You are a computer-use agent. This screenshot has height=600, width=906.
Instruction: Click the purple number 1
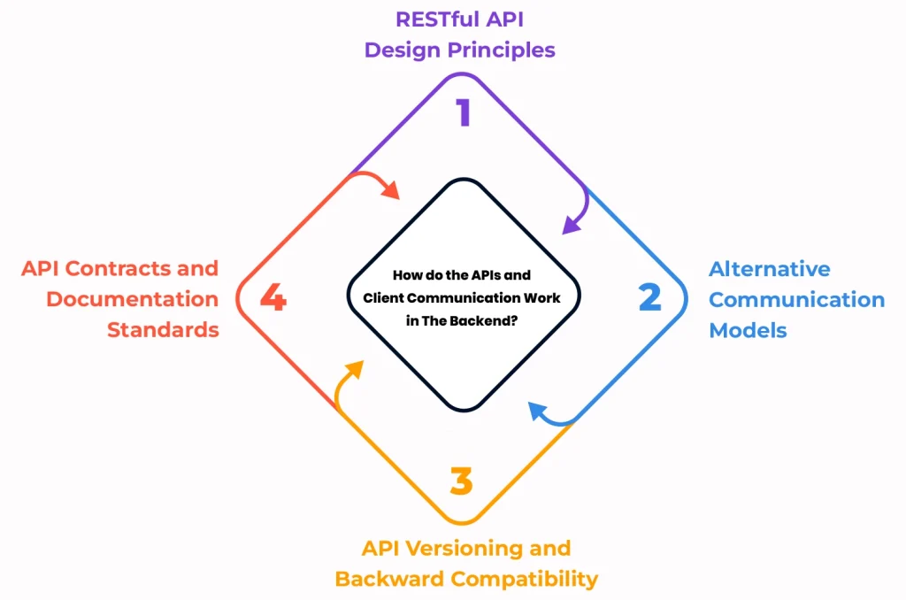click(464, 113)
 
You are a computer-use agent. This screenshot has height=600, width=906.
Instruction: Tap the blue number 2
click(650, 298)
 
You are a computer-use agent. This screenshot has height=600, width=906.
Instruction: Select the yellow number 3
click(461, 482)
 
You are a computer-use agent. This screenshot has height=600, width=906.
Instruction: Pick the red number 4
click(273, 299)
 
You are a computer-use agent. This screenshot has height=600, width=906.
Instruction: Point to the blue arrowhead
click(534, 409)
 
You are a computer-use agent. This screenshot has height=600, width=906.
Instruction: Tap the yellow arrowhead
click(355, 367)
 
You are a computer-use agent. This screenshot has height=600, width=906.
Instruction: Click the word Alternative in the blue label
click(769, 269)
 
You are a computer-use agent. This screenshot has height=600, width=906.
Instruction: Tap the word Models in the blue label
click(748, 330)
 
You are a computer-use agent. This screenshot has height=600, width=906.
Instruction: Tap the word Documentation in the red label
click(132, 299)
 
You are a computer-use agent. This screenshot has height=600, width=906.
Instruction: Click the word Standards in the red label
click(163, 330)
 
